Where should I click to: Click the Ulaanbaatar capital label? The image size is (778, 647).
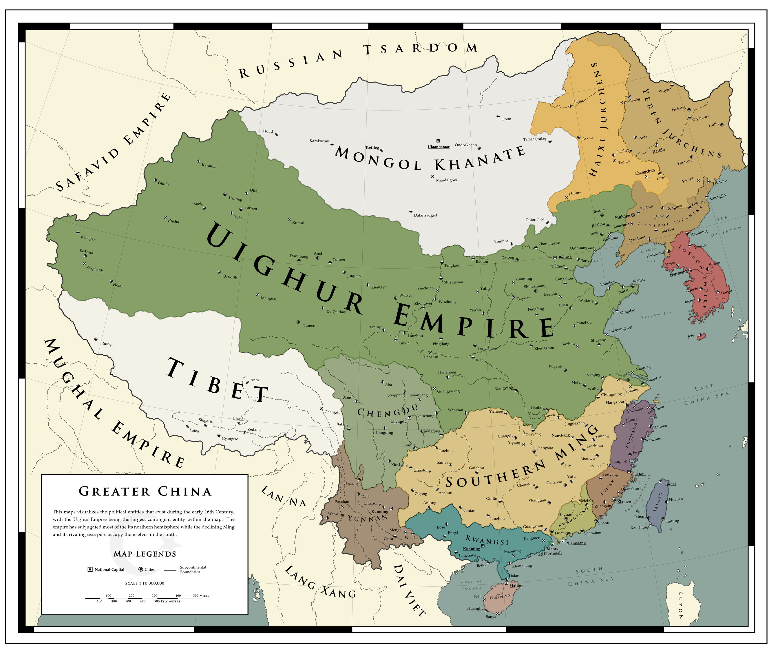coord(439,147)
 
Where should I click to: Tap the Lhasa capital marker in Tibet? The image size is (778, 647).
coord(238,423)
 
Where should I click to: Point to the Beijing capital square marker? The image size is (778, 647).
coord(555,258)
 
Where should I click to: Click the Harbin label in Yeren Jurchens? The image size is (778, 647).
coord(658,150)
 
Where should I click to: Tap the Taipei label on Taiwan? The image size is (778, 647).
coord(670,484)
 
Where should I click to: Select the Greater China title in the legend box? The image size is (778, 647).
coord(145,491)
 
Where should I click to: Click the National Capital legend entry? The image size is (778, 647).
coord(109,570)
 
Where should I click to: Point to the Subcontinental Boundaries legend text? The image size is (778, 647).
coord(193,570)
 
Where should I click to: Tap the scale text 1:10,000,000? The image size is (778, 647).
coord(145,583)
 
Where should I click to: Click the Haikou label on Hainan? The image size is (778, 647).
coord(516,586)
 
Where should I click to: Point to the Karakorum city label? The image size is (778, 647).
coord(319,141)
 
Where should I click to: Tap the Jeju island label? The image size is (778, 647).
coord(691,336)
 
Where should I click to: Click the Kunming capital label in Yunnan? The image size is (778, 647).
coord(380,511)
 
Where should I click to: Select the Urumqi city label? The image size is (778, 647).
coord(235,199)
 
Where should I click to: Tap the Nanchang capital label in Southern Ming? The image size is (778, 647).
coord(560,435)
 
